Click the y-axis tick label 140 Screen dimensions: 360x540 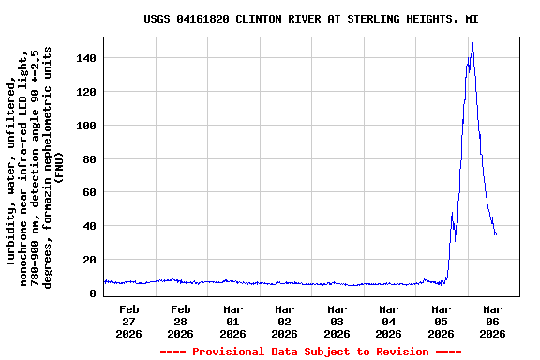click(86, 58)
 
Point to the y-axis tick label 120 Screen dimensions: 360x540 click(86, 92)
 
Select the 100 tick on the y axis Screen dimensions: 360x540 click(86, 126)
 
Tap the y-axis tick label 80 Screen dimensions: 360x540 click(89, 159)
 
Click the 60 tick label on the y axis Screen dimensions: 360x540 click(89, 193)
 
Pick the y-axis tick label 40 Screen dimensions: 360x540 click(89, 226)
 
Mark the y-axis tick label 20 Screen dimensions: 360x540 click(89, 260)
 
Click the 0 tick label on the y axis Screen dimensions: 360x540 click(93, 293)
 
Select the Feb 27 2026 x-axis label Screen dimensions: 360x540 click(129, 321)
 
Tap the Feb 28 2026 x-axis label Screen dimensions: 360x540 click(181, 321)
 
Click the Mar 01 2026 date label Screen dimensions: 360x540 click(233, 321)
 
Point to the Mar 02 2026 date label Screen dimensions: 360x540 click(285, 321)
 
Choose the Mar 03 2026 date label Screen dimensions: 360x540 click(337, 321)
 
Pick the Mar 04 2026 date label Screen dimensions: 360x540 click(389, 321)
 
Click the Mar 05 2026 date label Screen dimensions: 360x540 click(441, 321)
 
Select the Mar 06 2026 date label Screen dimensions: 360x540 click(492, 321)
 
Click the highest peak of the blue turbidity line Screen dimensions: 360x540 click(472, 43)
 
